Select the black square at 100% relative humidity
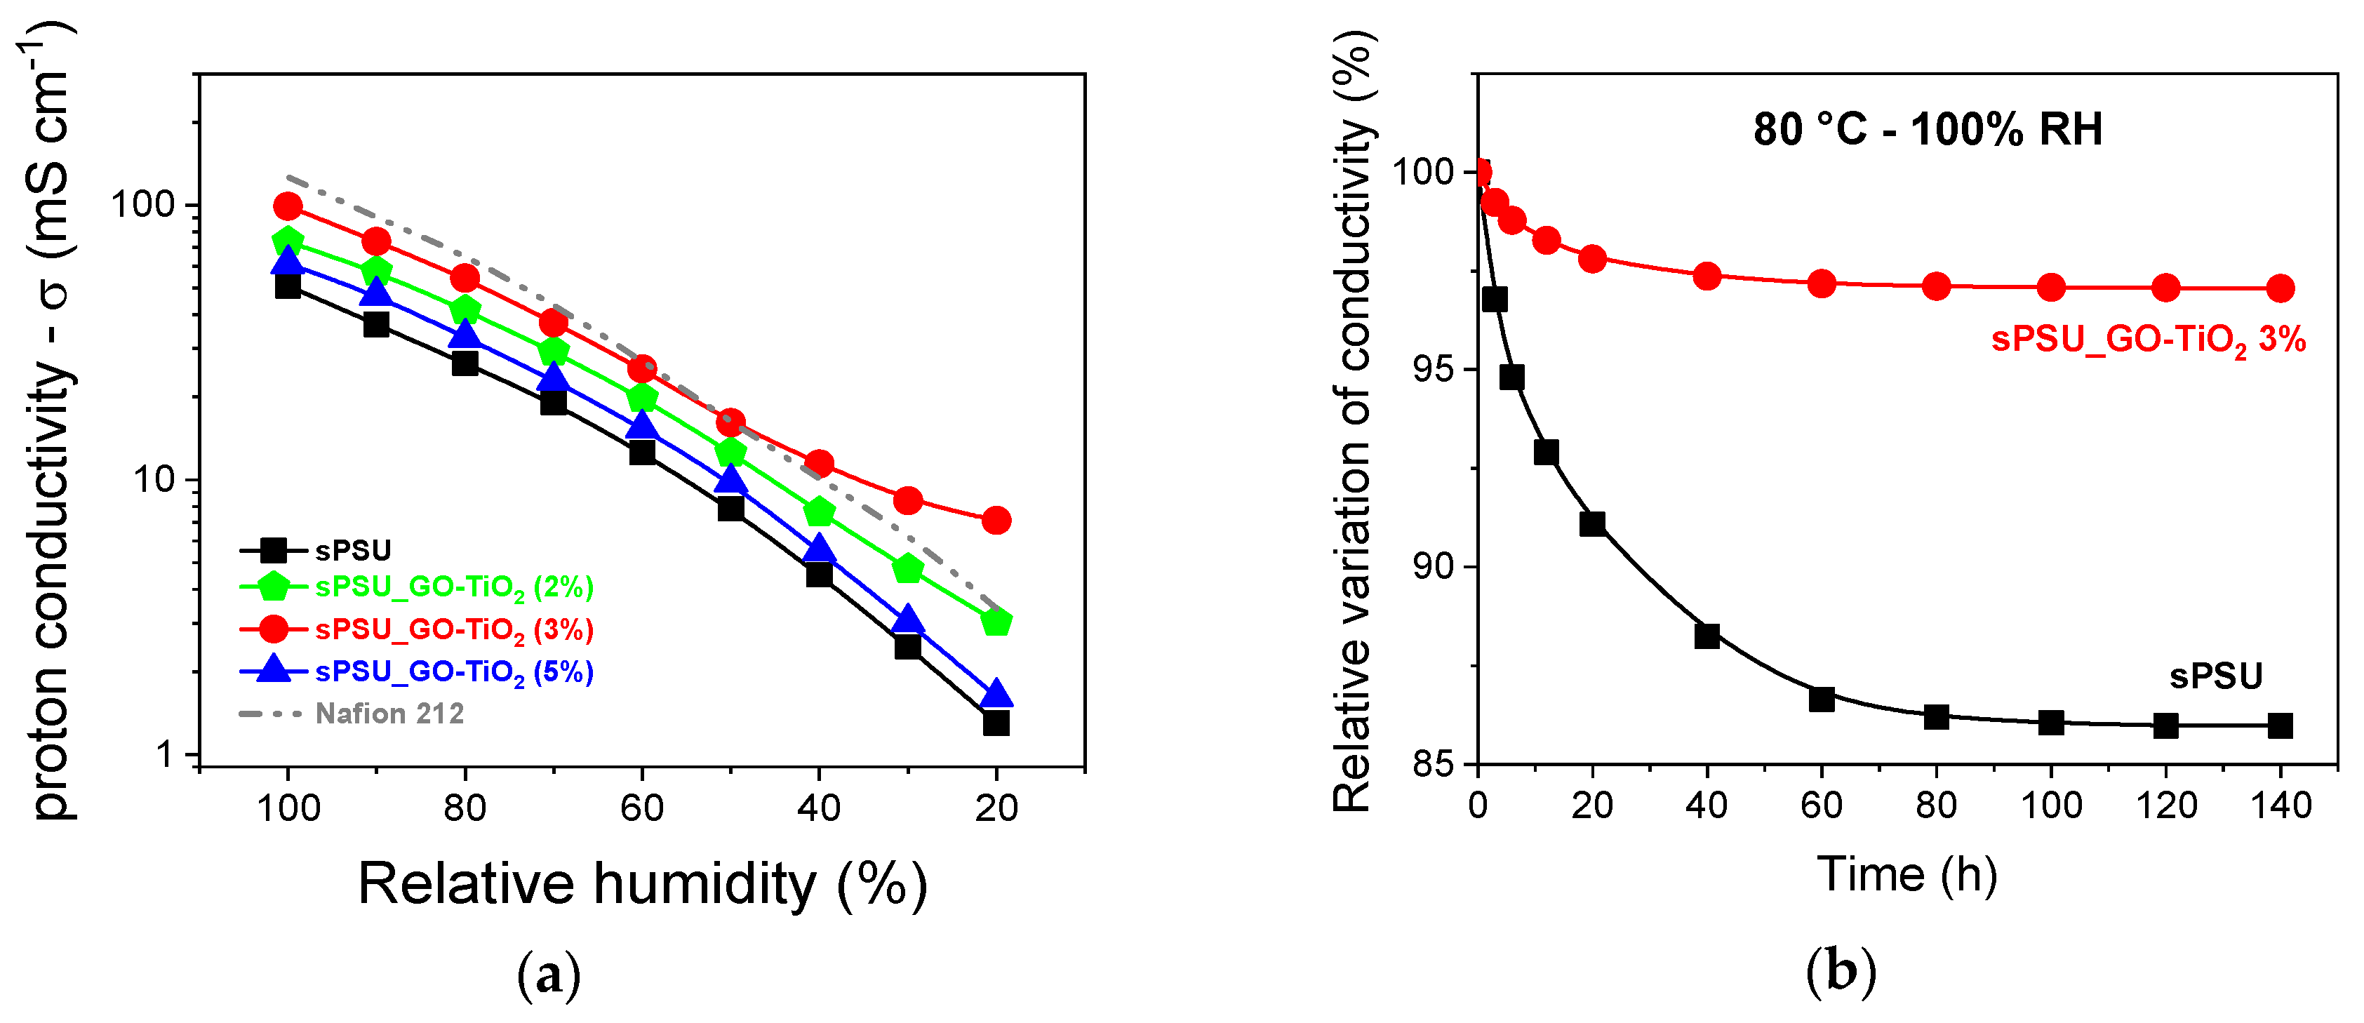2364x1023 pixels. tap(288, 286)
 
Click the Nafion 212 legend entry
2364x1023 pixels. tap(389, 714)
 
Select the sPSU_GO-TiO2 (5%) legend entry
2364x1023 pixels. tap(453, 672)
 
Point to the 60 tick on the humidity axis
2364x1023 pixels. tap(641, 808)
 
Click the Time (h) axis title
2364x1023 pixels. tap(1907, 874)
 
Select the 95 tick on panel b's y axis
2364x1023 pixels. tap(1434, 370)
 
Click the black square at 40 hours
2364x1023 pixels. tap(1707, 636)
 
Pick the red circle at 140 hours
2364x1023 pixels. tap(2280, 289)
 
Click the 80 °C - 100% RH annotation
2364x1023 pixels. tap(1927, 129)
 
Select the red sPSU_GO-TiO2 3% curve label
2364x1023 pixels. tap(2147, 340)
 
